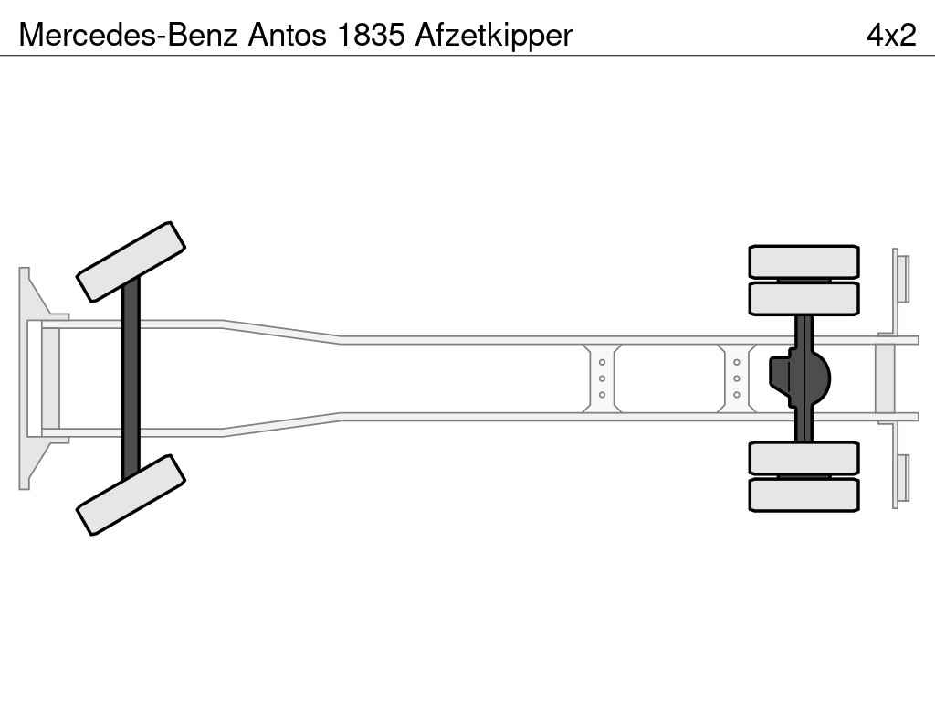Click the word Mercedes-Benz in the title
tap(129, 35)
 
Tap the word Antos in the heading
tap(288, 35)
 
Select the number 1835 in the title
tap(371, 35)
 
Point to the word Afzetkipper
tap(494, 36)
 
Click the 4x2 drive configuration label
tap(891, 35)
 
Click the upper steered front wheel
tap(131, 262)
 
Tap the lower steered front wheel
tap(131, 495)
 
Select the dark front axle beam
tap(131, 378)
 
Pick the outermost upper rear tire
tap(804, 261)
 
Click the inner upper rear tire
tap(804, 299)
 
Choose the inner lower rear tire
tap(804, 458)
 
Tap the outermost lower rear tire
tap(804, 495)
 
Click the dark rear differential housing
tap(800, 378)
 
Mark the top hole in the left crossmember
tap(602, 362)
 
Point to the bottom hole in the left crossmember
tap(602, 395)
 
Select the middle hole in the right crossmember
tap(737, 378)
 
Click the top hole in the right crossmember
tap(737, 362)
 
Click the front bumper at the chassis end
tap(35, 378)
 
